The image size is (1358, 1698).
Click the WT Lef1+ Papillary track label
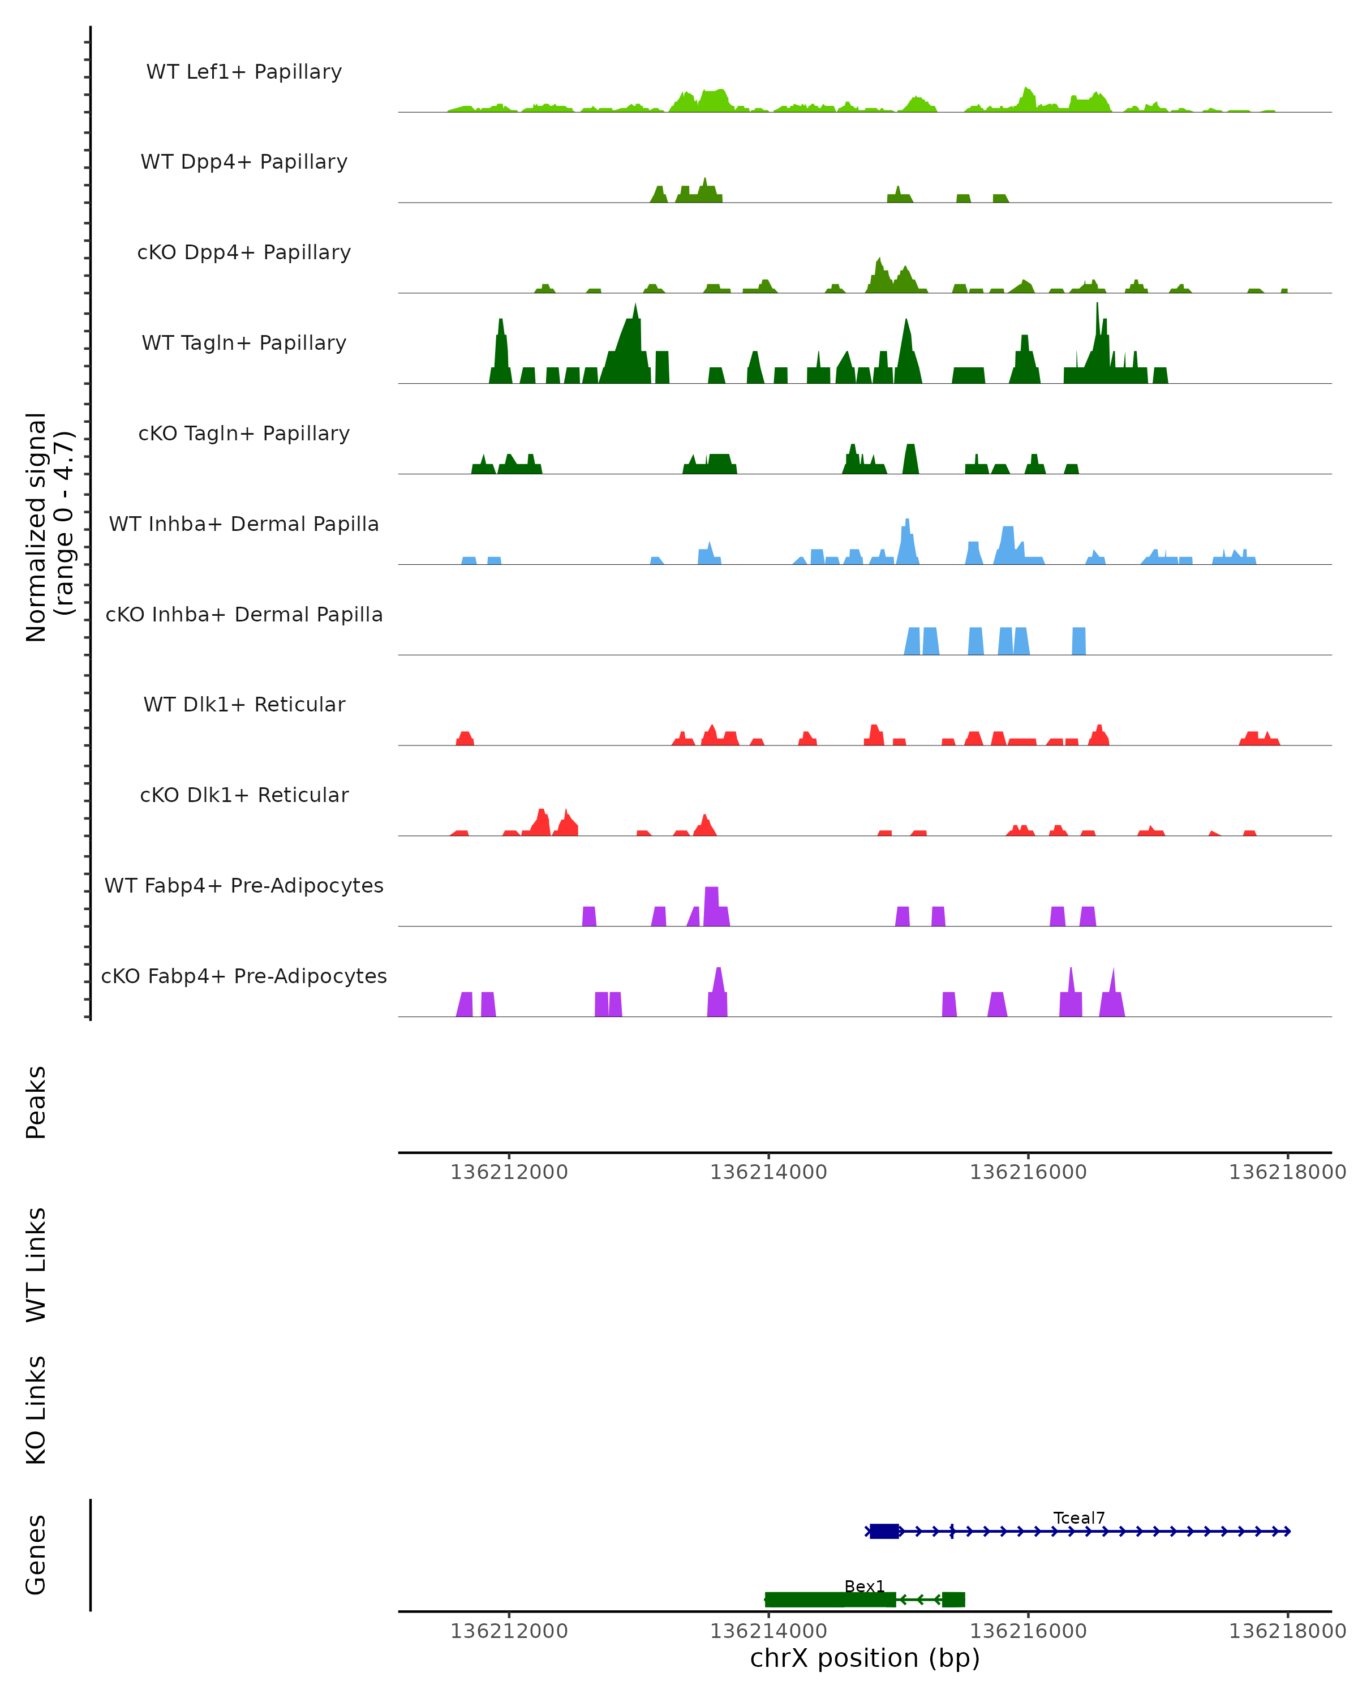(244, 72)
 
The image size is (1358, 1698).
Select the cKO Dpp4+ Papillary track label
(244, 253)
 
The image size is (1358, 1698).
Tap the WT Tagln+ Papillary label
(244, 344)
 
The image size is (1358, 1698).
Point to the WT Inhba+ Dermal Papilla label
(244, 525)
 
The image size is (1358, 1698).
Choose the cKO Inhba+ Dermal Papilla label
(244, 615)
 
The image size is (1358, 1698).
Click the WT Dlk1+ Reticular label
(244, 705)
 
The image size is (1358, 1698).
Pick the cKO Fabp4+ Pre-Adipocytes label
(244, 976)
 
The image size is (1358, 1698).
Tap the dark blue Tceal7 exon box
(884, 1531)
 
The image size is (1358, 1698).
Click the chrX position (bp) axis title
(865, 1658)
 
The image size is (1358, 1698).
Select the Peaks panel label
(36, 1102)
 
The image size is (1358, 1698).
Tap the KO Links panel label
(36, 1410)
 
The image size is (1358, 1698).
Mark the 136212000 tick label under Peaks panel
(509, 1172)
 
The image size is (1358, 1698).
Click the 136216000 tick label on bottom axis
(1028, 1631)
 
